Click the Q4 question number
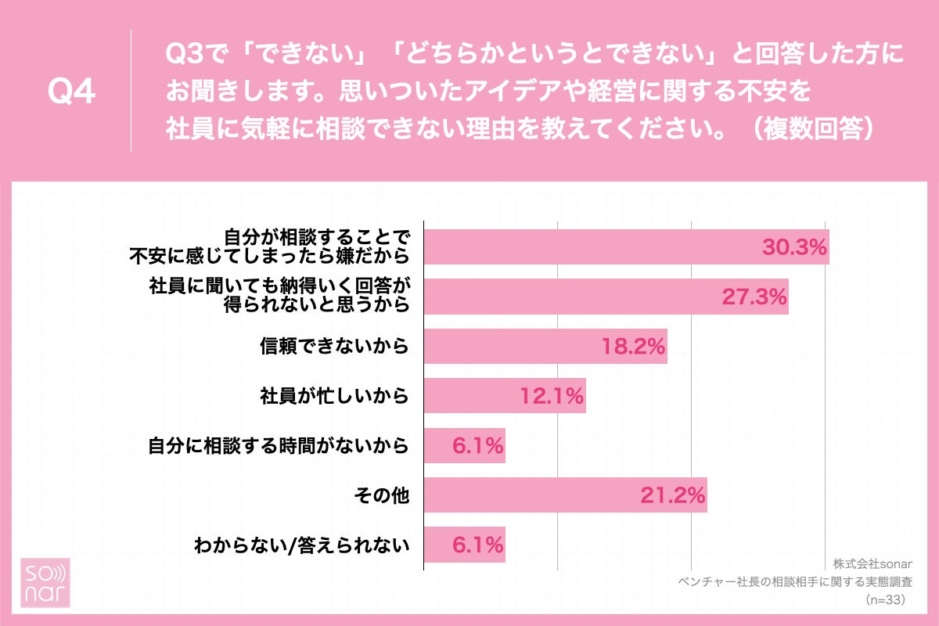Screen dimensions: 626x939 tap(71, 92)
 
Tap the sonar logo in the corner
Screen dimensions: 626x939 tap(45, 583)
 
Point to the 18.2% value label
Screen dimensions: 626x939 tap(633, 347)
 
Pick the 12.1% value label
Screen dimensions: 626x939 tap(552, 397)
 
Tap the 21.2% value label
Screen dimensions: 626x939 tap(674, 495)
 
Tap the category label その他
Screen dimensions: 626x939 tap(382, 495)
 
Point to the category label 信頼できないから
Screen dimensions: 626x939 tap(335, 347)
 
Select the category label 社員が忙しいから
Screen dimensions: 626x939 tap(335, 397)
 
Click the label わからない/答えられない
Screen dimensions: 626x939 tap(302, 545)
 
